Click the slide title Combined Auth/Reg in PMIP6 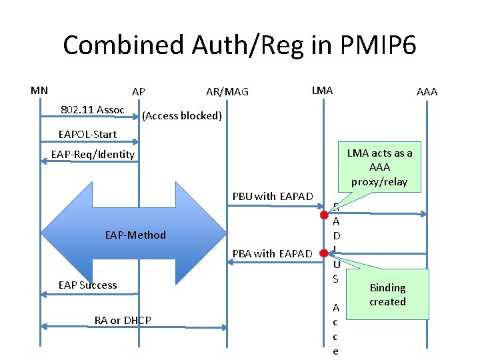(x=239, y=45)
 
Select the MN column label (x=39, y=90)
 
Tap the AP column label (x=139, y=91)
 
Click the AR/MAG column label (x=227, y=91)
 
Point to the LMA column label (x=322, y=90)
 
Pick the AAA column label (x=427, y=91)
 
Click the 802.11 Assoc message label (x=92, y=109)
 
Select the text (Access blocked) (x=181, y=116)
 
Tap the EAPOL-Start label (x=87, y=134)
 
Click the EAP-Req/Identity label (x=93, y=155)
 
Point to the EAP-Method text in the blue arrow (x=135, y=235)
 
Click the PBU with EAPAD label (x=272, y=196)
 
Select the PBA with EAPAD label (x=272, y=253)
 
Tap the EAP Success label (x=87, y=285)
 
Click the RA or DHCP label (x=123, y=321)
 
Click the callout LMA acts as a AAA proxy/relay (x=379, y=167)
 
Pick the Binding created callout (x=387, y=294)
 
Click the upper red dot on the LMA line (x=323, y=215)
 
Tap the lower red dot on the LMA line (x=323, y=253)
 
